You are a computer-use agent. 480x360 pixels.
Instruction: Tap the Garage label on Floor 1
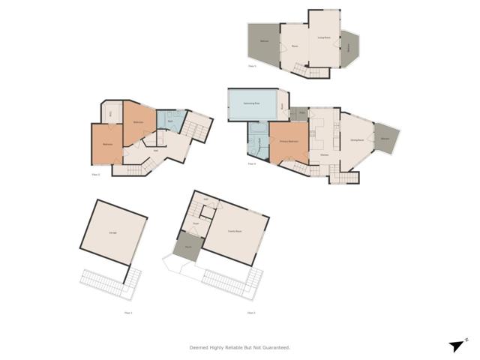click(x=113, y=234)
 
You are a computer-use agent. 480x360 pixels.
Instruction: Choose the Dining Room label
click(x=357, y=139)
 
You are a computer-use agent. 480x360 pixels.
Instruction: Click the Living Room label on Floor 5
click(x=325, y=36)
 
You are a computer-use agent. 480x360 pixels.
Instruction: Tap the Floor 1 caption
click(x=127, y=312)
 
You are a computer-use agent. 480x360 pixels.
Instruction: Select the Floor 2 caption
click(x=251, y=312)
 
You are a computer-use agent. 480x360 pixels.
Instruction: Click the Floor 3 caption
click(x=95, y=174)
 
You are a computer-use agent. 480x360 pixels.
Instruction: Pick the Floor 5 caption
click(x=252, y=67)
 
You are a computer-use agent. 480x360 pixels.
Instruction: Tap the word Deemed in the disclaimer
click(x=199, y=347)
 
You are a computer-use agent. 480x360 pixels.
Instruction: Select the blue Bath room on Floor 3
click(x=170, y=121)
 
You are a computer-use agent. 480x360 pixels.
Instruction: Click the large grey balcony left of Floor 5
click(x=265, y=41)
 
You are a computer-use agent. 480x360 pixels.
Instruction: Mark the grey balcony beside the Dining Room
click(x=385, y=139)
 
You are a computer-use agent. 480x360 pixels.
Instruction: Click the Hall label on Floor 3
click(x=155, y=150)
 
